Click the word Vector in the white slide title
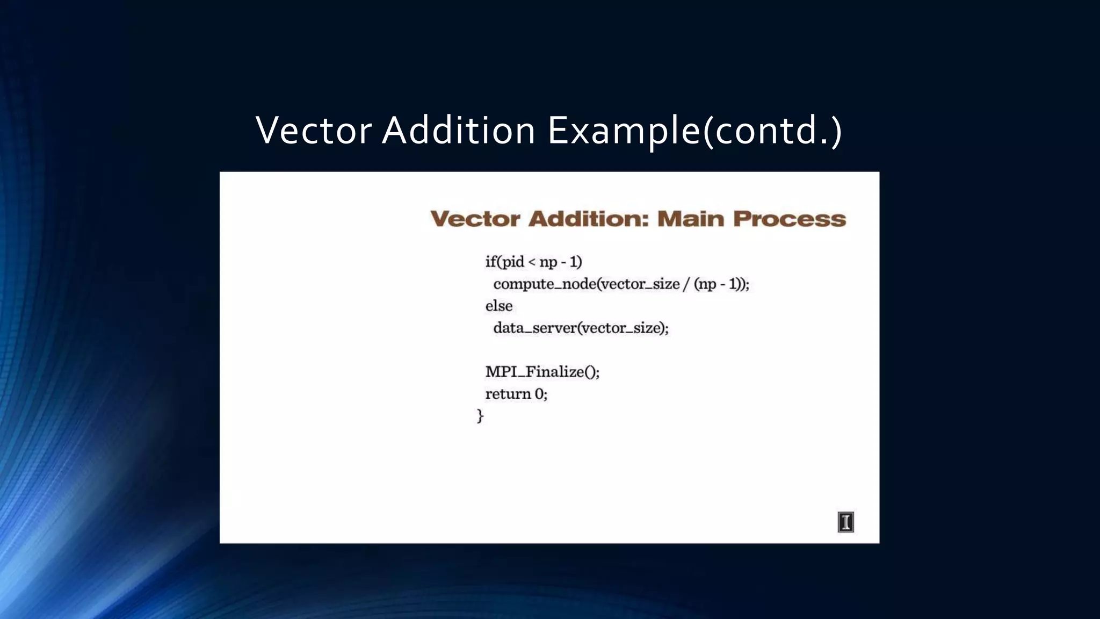pos(314,131)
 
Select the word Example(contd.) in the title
pos(694,131)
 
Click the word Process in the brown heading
pos(790,219)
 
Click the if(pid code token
pos(504,262)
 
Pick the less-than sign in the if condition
pos(532,262)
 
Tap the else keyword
pos(499,306)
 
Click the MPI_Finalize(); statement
pos(542,372)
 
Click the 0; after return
pos(541,394)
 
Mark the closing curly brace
pos(480,416)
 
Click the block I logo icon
pos(845,522)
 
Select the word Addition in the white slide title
pos(458,131)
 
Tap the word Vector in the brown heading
pos(475,219)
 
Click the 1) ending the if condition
pos(576,262)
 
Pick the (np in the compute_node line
pos(705,284)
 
